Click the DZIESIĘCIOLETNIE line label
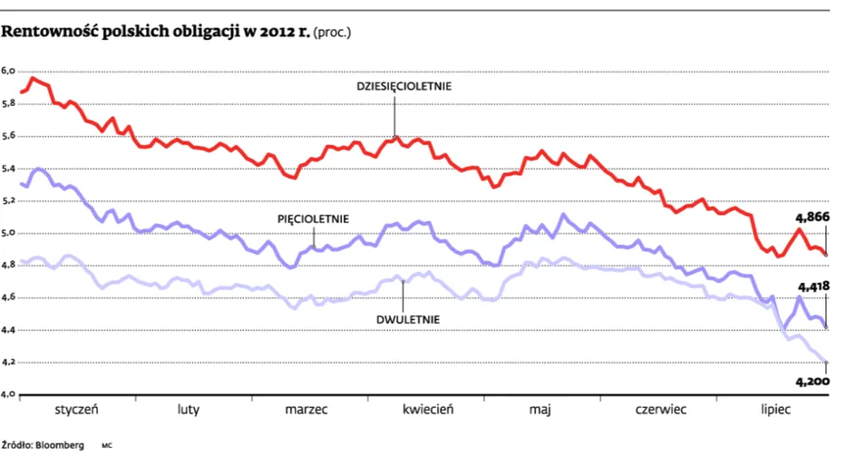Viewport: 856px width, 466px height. pos(404,86)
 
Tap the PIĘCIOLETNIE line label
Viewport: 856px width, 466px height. pos(313,219)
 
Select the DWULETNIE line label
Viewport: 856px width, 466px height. pos(408,320)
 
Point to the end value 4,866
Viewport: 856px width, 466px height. pos(812,218)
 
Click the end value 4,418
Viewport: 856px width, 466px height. pos(813,286)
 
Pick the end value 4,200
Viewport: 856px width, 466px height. pos(812,382)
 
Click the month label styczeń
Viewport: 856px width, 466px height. pos(76,409)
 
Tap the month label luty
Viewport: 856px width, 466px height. pos(189,409)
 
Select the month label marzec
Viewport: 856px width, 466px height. pos(306,409)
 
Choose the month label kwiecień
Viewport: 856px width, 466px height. pos(428,409)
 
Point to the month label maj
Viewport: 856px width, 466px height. pos(540,410)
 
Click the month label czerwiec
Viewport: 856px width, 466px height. pos(660,409)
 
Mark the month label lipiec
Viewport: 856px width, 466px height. pos(776,409)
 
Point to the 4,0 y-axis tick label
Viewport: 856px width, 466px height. pos(8,394)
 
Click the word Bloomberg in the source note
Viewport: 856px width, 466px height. pos(60,445)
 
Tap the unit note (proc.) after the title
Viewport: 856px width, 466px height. pos(332,33)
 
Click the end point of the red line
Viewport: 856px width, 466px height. pos(826,255)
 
